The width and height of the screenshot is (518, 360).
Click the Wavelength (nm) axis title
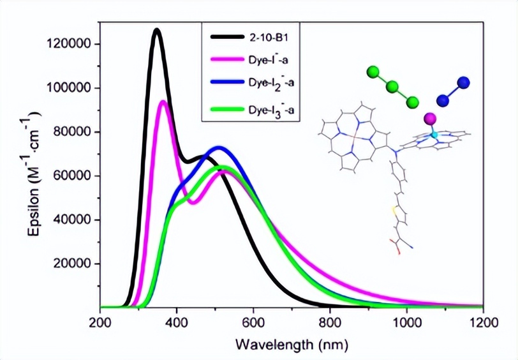pyautogui.click(x=292, y=345)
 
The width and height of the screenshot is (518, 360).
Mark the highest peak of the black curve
pyautogui.click(x=156, y=29)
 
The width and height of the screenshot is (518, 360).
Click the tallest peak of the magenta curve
pyautogui.click(x=163, y=101)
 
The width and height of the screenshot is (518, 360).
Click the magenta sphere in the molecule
pyautogui.click(x=429, y=119)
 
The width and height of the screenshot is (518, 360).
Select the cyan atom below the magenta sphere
pyautogui.click(x=433, y=135)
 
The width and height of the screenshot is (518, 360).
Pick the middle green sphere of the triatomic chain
pyautogui.click(x=393, y=87)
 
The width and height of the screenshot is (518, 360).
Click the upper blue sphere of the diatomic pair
pyautogui.click(x=464, y=82)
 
